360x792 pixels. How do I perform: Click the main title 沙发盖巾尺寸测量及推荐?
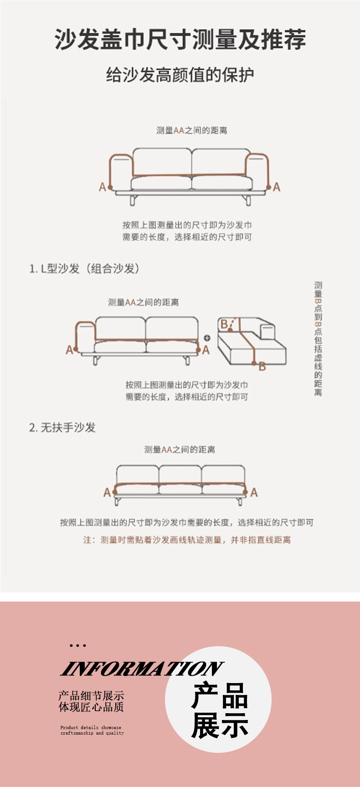pos(180,39)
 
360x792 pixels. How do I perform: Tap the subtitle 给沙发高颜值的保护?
pos(180,75)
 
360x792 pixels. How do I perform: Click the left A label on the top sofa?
pos(103,187)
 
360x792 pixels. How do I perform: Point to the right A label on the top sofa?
pos(277,187)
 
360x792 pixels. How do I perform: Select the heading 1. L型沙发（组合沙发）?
pos(84,268)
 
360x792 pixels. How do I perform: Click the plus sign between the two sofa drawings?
pos(207,338)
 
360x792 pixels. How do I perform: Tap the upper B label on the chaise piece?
pos(224,324)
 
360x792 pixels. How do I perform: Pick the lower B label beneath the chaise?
pos(262,366)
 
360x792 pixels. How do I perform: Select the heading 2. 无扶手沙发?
pos(62,427)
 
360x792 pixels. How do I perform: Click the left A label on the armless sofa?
pos(107,492)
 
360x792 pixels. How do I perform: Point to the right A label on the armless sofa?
pos(254,492)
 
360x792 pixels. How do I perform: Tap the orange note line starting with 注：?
pos(187,540)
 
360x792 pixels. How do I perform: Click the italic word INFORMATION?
pos(142,669)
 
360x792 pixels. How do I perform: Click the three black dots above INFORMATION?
pos(78,646)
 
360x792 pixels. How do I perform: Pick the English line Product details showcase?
pos(91,728)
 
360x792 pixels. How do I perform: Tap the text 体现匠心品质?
pos(91,707)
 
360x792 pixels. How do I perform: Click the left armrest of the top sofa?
pos(121,172)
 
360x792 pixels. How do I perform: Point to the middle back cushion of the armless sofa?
pos(180,474)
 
